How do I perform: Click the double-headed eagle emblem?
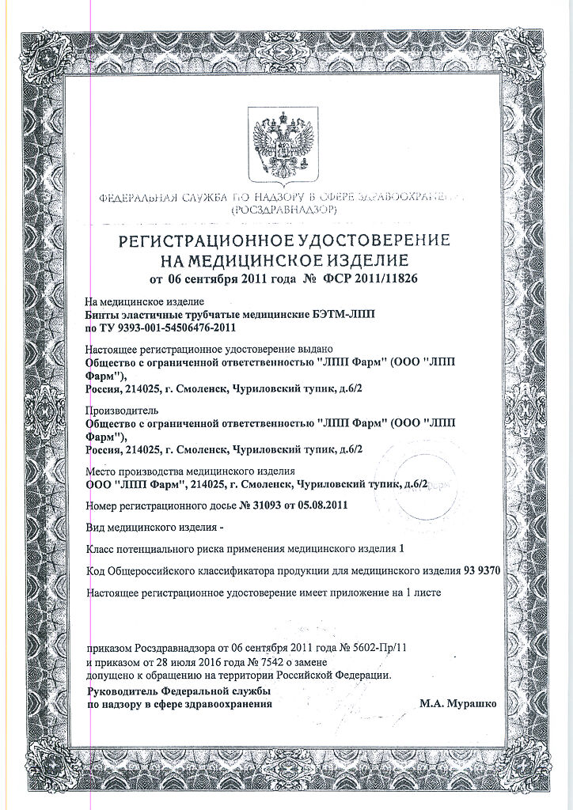[x=283, y=146]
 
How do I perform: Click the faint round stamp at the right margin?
[x=447, y=479]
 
